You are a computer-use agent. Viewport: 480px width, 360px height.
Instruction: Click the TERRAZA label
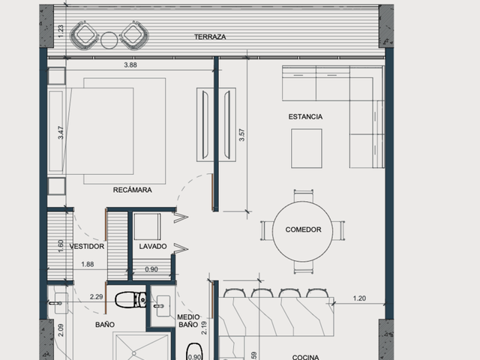(210, 37)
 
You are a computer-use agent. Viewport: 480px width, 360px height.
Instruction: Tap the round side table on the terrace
(109, 40)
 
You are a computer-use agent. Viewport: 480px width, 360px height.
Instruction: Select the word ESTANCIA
(305, 117)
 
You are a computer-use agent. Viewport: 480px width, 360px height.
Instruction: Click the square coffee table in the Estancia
(307, 148)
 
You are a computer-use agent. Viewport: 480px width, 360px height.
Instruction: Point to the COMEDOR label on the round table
(303, 229)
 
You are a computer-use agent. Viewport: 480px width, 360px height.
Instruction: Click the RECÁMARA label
(132, 190)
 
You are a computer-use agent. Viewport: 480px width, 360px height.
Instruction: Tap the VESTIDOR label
(87, 247)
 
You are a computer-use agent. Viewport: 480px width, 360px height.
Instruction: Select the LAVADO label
(153, 247)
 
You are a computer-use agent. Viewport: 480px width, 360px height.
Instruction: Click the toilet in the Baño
(130, 299)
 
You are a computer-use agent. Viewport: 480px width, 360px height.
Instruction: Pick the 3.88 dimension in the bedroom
(130, 65)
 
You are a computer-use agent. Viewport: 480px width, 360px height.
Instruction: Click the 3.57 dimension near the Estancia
(241, 135)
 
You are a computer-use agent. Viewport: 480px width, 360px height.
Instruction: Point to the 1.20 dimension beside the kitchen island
(359, 298)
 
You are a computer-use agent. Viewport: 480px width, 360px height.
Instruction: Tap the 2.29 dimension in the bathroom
(96, 297)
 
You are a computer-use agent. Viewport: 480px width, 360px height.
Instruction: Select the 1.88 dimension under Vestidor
(88, 264)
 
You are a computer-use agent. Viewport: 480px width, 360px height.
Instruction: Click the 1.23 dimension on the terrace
(61, 31)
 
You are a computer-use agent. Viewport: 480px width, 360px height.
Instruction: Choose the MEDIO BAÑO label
(188, 321)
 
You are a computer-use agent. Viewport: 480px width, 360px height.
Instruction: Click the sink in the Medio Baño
(163, 306)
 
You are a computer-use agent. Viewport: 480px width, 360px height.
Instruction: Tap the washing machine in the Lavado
(147, 226)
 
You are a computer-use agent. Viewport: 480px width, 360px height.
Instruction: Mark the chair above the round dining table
(303, 195)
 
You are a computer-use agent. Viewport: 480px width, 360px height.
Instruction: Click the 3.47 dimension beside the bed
(61, 133)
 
